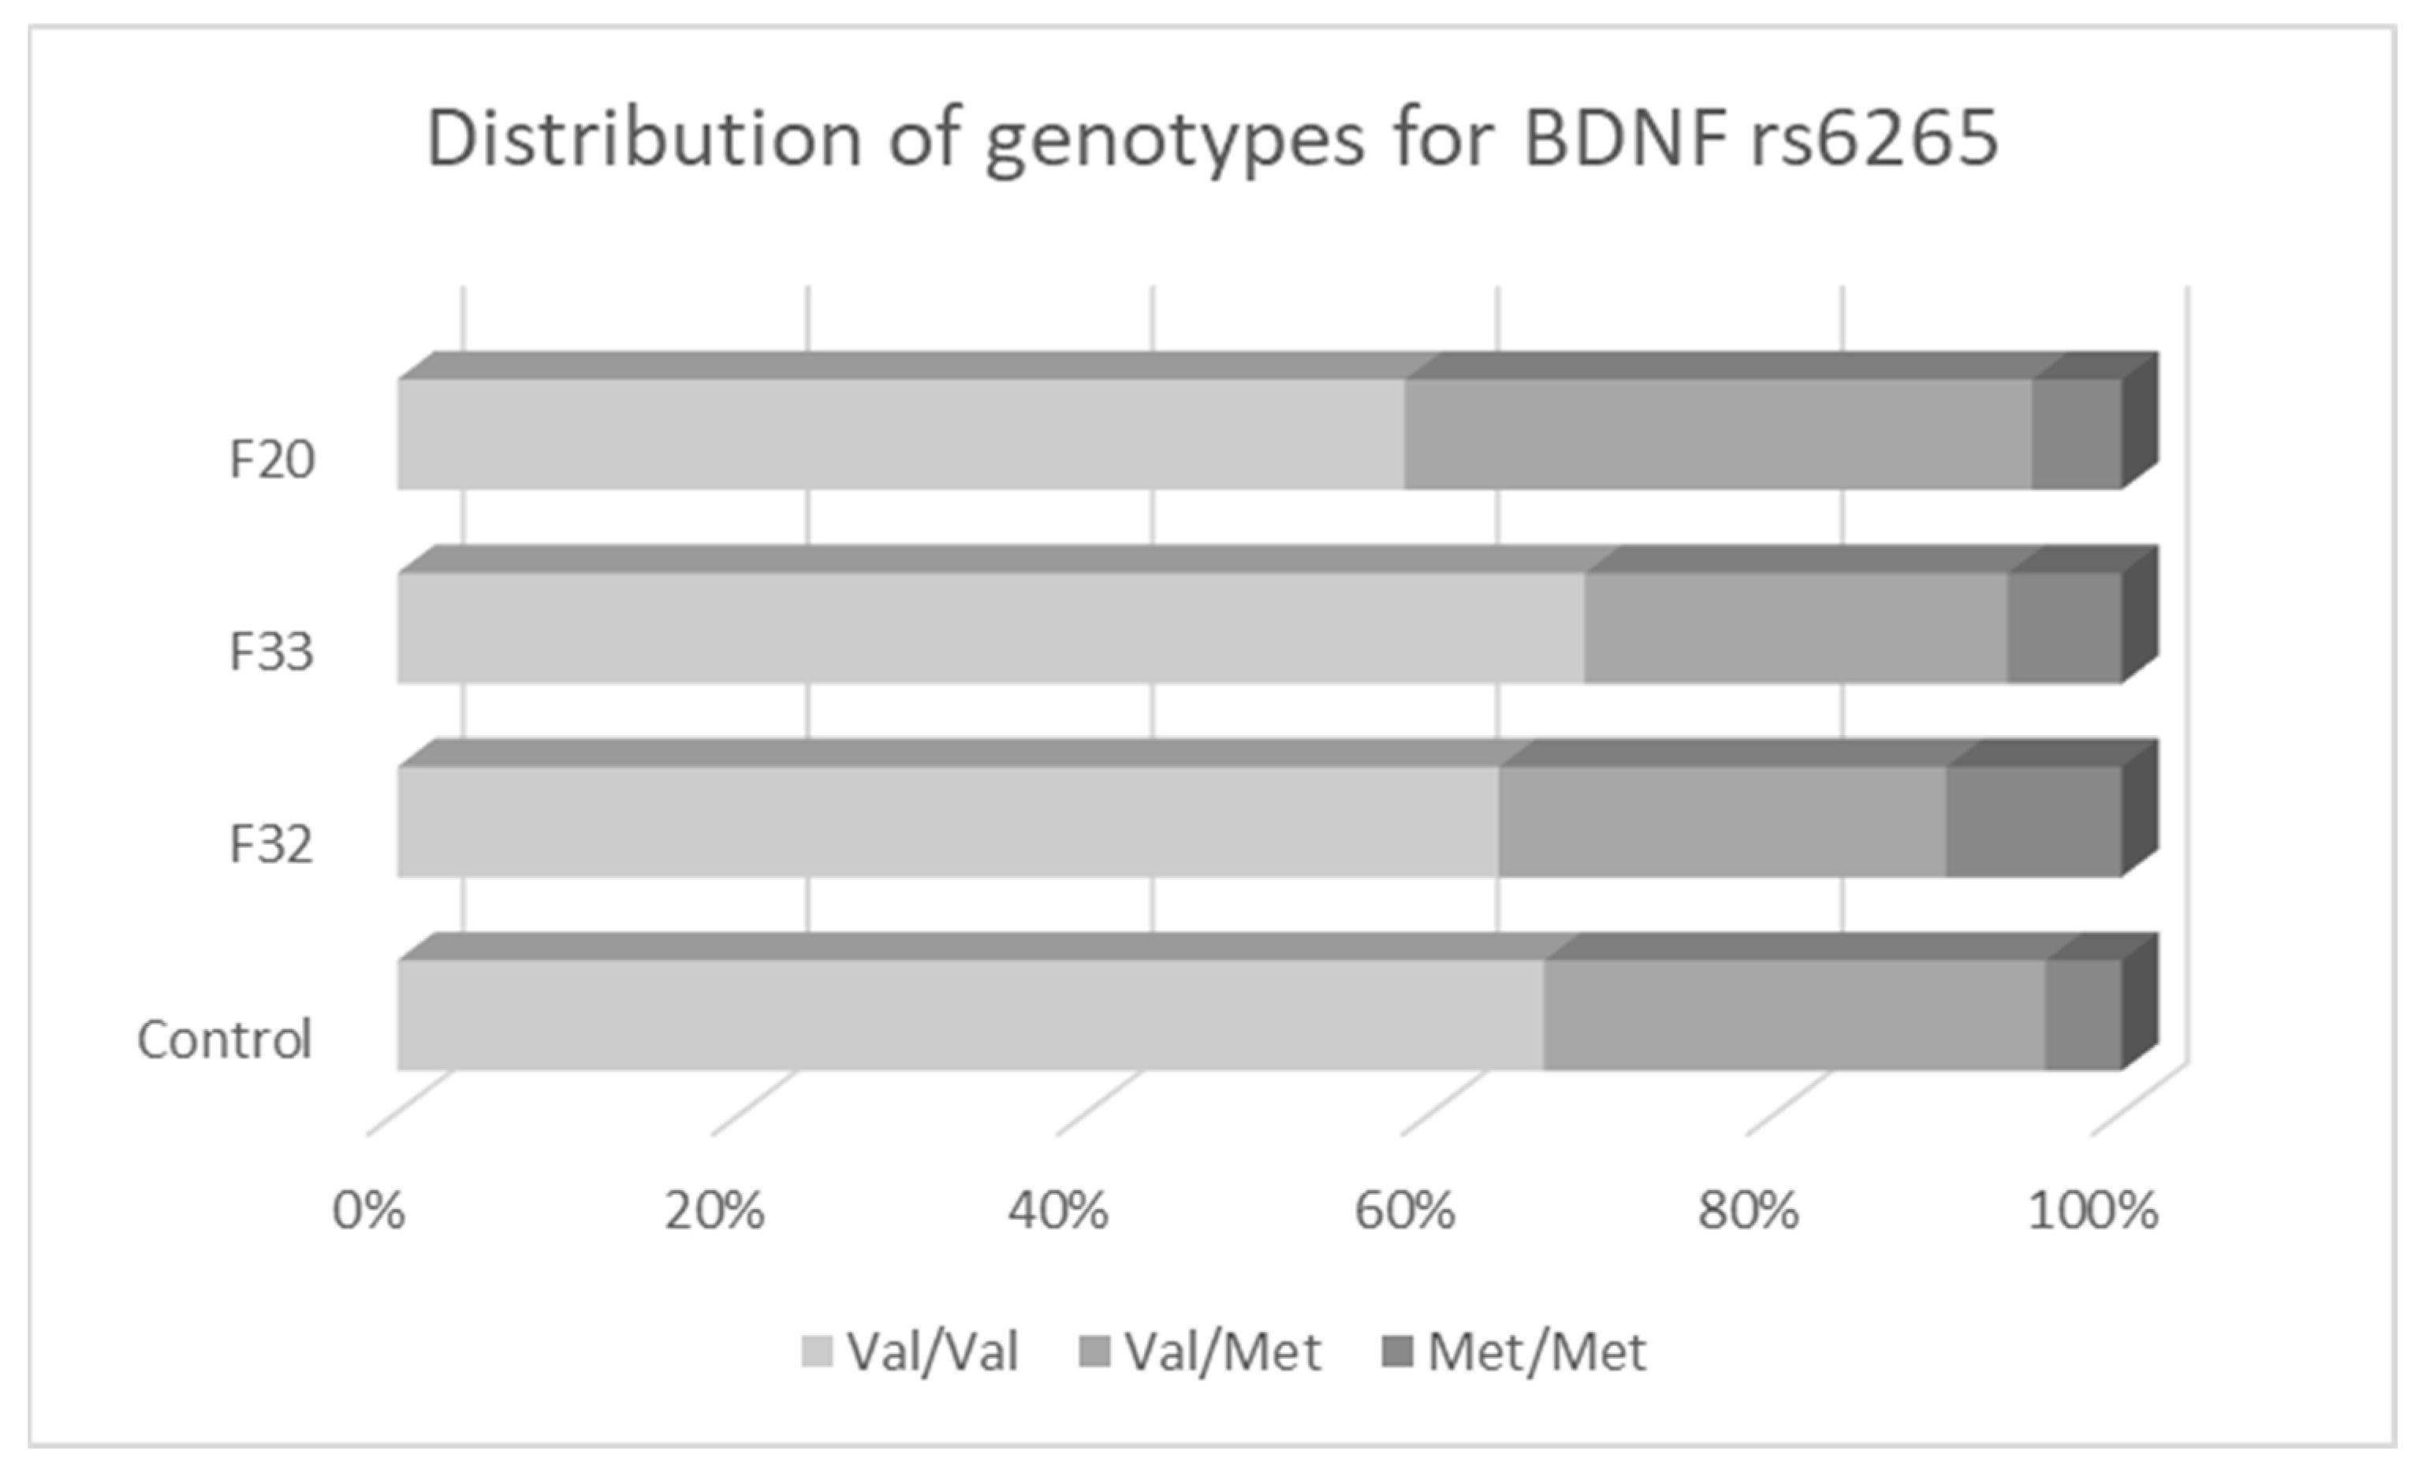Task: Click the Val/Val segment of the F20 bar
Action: click(900, 433)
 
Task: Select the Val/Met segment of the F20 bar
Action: click(1717, 433)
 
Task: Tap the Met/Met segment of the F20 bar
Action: click(2076, 433)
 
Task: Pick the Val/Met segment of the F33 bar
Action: click(1795, 627)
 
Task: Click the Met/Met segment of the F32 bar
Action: click(2033, 820)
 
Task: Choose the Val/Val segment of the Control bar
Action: click(969, 1014)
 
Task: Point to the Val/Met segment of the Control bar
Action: click(1794, 1014)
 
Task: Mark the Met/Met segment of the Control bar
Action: click(2083, 1014)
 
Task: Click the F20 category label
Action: click(271, 459)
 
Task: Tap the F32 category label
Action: click(271, 844)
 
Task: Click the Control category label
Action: click(224, 1039)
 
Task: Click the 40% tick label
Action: click(1058, 1211)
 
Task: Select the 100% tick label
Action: click(2092, 1211)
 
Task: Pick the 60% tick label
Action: click(1403, 1211)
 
